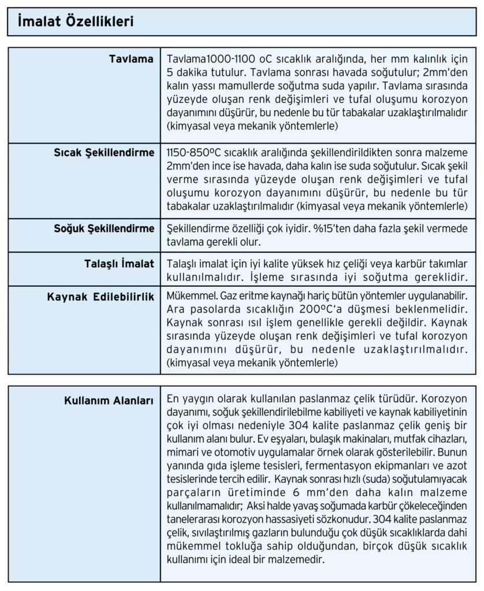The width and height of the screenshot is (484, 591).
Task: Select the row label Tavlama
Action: point(131,59)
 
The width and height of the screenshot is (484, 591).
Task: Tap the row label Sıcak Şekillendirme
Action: point(103,153)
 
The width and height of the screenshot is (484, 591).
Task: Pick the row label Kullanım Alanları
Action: point(109,401)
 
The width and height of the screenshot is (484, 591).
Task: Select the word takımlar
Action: point(447,264)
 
